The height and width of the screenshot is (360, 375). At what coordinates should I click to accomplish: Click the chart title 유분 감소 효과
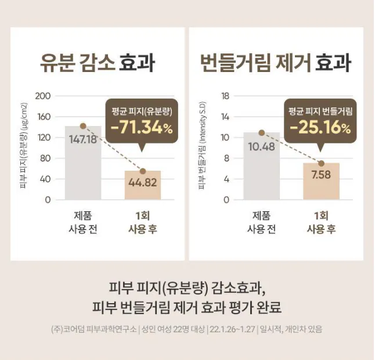coord(98,62)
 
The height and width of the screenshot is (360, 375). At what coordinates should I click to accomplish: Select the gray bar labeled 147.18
coord(82,168)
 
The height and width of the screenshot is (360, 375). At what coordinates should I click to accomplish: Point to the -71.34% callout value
coord(142,127)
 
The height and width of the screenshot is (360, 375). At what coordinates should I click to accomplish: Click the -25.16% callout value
coord(320,127)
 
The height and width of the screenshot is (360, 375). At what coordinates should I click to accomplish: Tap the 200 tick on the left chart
coord(44,96)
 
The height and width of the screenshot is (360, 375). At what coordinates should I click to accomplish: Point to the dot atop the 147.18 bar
coord(82,125)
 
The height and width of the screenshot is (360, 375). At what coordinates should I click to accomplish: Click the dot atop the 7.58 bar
coord(321,163)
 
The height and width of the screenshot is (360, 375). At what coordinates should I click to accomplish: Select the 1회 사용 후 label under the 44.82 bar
coord(143,221)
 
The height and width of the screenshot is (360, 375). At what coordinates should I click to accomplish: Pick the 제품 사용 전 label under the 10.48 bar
coord(261,221)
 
